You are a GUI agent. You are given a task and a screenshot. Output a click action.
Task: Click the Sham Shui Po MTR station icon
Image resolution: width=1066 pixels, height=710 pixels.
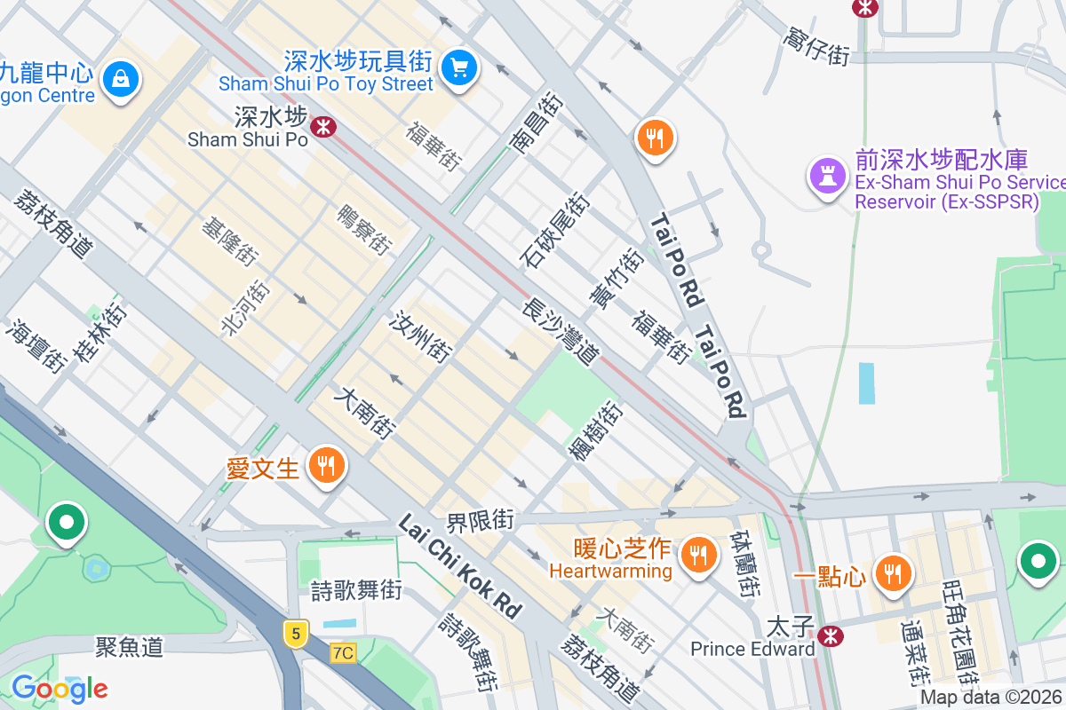pos(323,127)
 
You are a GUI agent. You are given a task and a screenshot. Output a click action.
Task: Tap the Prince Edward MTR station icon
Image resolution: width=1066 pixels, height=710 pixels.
pos(830,635)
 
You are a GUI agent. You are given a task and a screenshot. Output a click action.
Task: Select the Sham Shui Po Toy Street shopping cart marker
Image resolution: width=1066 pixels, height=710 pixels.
pos(459,67)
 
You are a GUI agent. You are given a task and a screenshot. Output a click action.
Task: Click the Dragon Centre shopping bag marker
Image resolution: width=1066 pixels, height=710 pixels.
pos(120,79)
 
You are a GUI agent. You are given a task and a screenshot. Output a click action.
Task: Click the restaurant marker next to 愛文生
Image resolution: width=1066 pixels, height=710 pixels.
pos(326,464)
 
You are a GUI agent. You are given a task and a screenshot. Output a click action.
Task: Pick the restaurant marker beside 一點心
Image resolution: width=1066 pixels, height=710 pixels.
pos(893,572)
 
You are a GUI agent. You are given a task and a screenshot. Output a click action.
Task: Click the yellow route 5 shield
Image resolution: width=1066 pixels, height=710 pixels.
pos(296,633)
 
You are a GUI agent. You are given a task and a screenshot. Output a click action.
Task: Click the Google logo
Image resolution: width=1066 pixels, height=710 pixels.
pos(60,688)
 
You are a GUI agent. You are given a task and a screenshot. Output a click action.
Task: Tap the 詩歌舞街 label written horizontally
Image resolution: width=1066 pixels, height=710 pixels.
pos(356,590)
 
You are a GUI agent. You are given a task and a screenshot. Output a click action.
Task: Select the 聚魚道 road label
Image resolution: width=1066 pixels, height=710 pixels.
pos(130,646)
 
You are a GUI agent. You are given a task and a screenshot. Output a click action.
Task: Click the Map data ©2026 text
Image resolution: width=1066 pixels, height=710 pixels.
pos(991,698)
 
